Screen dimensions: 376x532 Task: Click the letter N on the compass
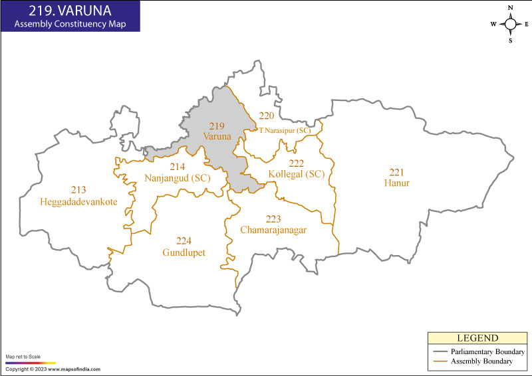pos(511,8)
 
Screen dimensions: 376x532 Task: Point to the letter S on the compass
pos(511,40)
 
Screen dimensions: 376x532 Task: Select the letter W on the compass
pos(494,24)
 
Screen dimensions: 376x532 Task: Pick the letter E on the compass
pos(526,24)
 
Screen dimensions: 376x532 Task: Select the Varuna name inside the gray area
pos(217,136)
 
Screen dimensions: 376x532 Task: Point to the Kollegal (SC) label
pos(296,174)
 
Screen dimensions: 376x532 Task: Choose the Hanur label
pos(396,183)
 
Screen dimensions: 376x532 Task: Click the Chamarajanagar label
pos(273,230)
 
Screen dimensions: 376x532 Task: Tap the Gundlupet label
pos(184,252)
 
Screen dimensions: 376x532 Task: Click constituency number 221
pos(396,172)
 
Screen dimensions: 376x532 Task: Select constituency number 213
pos(78,190)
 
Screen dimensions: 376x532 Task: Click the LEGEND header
pos(477,338)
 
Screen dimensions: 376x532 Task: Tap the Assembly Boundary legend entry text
pos(482,361)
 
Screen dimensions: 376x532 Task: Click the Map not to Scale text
pos(23,357)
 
